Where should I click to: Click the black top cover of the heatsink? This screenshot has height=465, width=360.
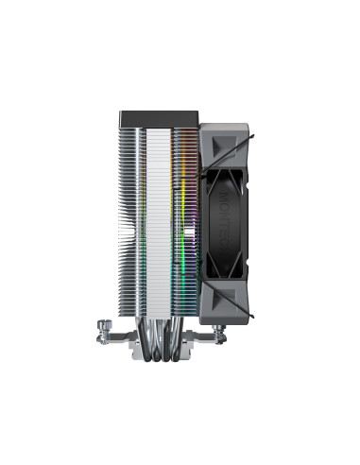tap(155, 118)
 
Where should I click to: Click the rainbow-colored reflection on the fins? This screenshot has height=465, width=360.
tap(180, 227)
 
